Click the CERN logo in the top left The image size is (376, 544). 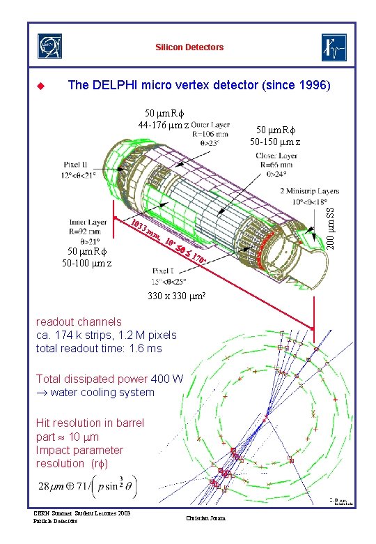[49, 47]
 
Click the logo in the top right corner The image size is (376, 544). [334, 47]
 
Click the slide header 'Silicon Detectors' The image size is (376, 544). [189, 47]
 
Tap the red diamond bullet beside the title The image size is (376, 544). [40, 86]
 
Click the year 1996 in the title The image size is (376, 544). [315, 86]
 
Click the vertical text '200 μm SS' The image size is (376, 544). [332, 226]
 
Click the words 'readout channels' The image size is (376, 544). [79, 322]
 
